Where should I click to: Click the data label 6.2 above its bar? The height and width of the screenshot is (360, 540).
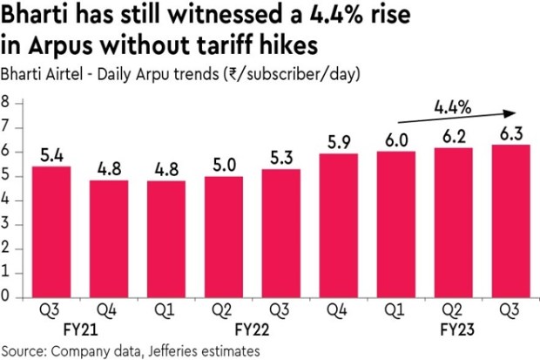[x=455, y=137]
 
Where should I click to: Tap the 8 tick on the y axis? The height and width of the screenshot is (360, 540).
[x=6, y=102]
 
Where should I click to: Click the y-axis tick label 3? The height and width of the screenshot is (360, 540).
[x=6, y=224]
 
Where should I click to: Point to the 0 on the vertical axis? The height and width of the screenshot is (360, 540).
[x=6, y=296]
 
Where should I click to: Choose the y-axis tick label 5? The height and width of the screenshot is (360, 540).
[x=6, y=175]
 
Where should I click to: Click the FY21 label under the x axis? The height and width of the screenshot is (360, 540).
[x=81, y=332]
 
